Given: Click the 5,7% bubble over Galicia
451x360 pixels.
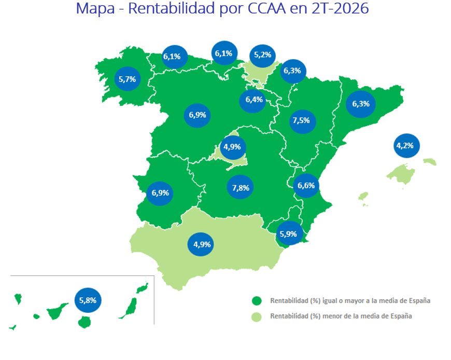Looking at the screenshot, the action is tap(128, 79).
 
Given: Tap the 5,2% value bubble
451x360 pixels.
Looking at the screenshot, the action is tap(263, 56).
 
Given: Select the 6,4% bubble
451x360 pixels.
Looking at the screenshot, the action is tap(252, 101).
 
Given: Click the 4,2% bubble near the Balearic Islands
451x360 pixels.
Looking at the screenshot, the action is tap(406, 146).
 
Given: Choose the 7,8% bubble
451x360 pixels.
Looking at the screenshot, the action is tap(240, 187).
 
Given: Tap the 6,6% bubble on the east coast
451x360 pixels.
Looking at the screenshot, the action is tap(306, 186).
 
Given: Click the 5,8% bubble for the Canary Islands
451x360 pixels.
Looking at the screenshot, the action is tap(88, 300).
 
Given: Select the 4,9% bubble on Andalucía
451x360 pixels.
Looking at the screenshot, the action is tap(201, 244).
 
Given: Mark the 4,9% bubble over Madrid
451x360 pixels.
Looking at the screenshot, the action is tap(233, 147).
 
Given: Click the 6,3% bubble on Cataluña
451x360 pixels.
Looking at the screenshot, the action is tap(361, 104).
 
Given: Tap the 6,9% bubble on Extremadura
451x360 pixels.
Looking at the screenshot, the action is tap(160, 193).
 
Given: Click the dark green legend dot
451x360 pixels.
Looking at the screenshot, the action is tap(257, 301).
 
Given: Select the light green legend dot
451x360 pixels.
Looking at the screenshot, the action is tap(257, 317).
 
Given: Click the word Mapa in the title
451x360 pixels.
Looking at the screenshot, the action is tap(95, 9).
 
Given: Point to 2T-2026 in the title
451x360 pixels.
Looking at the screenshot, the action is tap(340, 8).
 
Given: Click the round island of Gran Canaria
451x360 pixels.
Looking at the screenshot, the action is tap(84, 322).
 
